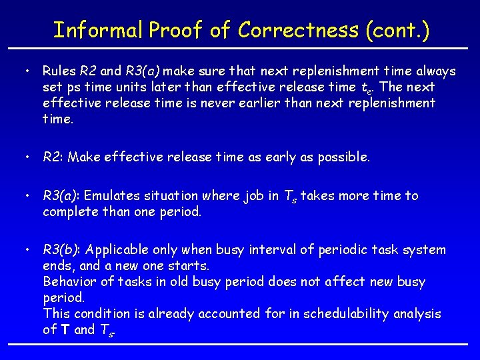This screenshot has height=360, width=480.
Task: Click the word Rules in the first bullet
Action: click(x=59, y=71)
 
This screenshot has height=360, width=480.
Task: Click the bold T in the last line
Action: click(x=65, y=330)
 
